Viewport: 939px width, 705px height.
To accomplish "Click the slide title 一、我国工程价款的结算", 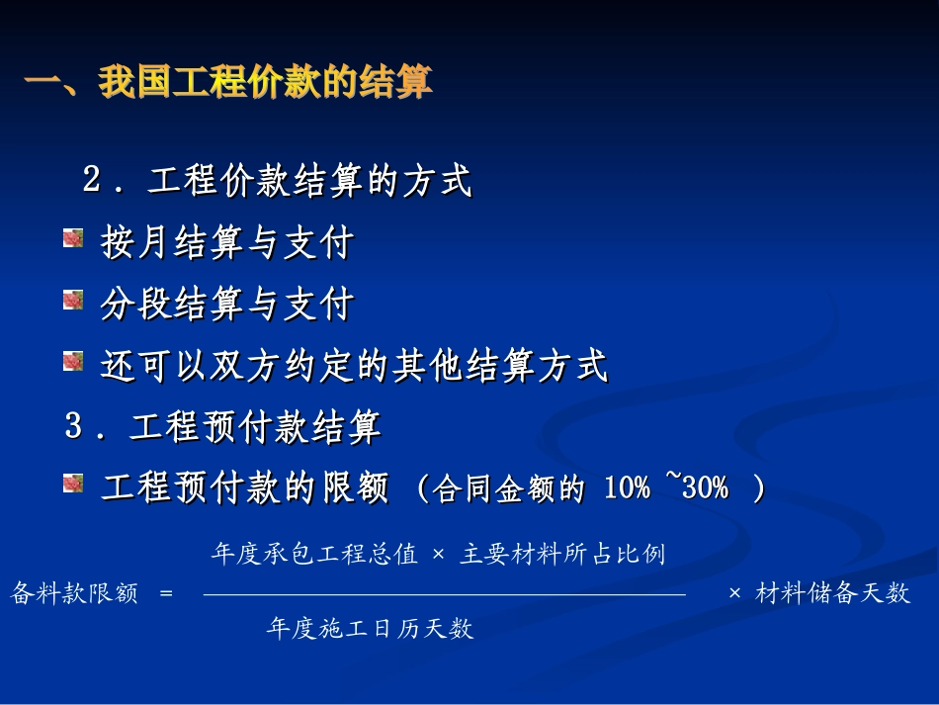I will coord(228,82).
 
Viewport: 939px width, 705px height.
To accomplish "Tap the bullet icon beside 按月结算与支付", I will coord(73,238).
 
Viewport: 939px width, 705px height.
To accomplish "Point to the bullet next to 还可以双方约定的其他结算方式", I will coord(73,363).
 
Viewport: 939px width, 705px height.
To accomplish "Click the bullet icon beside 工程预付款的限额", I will coord(73,484).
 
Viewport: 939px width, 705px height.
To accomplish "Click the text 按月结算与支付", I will coord(226,242).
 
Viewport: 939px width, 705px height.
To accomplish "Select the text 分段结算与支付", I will coord(226,305).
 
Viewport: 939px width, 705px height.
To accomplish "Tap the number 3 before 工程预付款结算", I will coord(74,427).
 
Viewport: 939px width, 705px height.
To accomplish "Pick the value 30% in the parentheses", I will coord(704,487).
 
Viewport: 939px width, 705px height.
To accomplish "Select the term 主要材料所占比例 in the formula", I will coord(561,554).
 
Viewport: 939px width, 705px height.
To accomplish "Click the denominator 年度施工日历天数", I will coord(370,628).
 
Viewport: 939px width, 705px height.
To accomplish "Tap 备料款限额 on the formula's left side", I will coord(74,593).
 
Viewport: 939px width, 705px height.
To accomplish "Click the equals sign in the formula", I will coord(165,593).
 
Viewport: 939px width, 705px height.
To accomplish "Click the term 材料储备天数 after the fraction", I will coord(832,593).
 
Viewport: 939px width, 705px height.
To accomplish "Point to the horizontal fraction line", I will coord(444,594).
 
